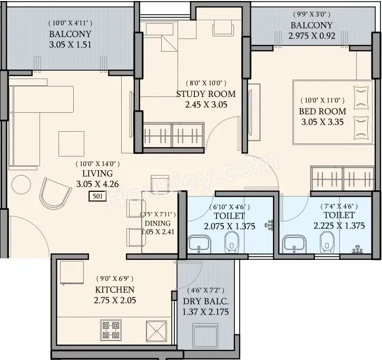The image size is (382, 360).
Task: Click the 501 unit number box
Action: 97,197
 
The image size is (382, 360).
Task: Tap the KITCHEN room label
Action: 115,289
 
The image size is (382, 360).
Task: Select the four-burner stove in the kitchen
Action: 111,330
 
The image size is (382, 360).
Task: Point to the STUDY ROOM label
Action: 206,94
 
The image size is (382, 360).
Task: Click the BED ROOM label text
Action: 322,111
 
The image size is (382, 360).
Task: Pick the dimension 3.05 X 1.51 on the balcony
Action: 70,45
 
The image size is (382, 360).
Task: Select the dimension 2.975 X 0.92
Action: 312,36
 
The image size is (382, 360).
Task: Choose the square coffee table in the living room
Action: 71,144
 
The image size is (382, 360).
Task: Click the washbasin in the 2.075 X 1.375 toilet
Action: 199,244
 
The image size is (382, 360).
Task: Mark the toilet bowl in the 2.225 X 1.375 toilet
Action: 327,242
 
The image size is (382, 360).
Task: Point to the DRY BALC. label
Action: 206,301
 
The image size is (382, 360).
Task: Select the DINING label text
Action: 158,223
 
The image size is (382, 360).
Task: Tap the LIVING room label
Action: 97,173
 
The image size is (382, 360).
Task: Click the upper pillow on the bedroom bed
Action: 361,98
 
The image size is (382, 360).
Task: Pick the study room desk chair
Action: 223,27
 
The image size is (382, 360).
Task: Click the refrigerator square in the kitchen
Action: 72,273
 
